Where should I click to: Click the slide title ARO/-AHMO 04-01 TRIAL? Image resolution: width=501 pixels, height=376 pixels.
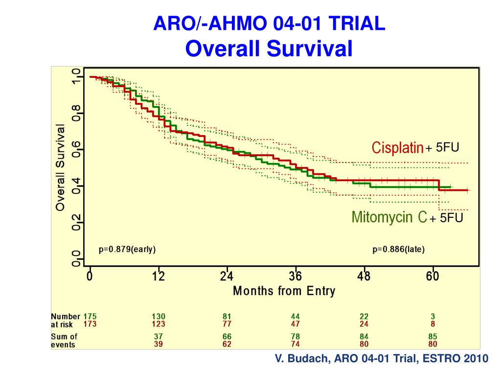point(270,23)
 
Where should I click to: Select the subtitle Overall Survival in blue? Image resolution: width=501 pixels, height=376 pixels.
point(270,48)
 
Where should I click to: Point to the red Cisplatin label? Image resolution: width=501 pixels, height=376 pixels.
point(397,148)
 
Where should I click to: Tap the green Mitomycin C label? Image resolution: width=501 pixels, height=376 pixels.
point(389,217)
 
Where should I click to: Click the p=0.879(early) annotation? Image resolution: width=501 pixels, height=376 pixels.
point(127,249)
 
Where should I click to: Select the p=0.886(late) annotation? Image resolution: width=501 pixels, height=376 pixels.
point(399,249)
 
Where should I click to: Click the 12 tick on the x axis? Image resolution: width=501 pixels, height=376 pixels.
point(158,277)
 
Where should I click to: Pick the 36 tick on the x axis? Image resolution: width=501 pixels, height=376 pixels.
point(295,277)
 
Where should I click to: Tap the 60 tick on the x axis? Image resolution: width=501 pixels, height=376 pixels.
point(433,277)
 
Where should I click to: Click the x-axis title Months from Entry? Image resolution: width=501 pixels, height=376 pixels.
point(284,291)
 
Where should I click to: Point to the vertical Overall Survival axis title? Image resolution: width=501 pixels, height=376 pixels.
point(60,167)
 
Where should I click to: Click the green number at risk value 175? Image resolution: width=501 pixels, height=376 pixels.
point(90,317)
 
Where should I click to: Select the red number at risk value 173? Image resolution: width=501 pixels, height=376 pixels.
point(90,324)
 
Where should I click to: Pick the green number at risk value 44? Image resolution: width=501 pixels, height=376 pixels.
point(295,317)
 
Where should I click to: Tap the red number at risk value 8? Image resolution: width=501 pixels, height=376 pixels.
point(433,324)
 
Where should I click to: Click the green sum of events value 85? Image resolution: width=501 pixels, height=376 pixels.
point(433,337)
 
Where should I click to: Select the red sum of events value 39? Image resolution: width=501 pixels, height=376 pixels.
point(158,344)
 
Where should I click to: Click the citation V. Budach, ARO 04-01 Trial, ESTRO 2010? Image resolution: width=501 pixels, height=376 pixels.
point(382,359)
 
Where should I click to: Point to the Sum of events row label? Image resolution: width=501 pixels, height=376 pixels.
point(64,340)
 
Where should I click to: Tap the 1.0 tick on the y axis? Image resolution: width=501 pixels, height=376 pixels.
point(75,76)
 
